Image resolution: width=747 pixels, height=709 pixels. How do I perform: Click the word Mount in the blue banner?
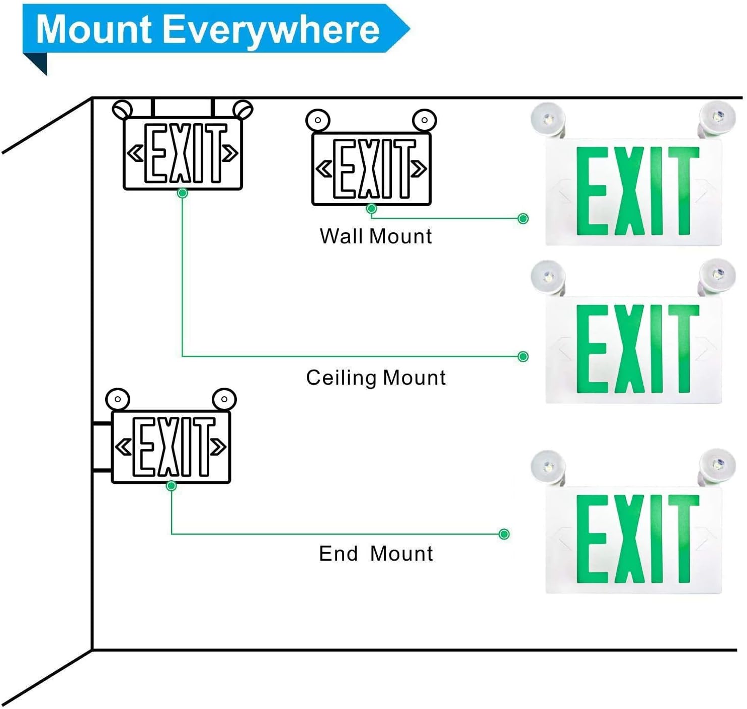[94, 29]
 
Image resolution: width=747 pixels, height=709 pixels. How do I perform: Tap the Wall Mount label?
[376, 236]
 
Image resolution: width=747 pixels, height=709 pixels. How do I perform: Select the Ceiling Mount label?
[376, 378]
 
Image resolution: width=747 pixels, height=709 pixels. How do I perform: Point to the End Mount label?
[376, 554]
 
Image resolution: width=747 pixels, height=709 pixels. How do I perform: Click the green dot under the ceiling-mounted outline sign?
[183, 193]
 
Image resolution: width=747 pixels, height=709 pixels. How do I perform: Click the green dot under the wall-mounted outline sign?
[372, 209]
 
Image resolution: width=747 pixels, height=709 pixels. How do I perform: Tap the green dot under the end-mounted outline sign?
[171, 486]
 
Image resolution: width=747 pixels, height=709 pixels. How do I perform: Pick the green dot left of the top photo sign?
[523, 218]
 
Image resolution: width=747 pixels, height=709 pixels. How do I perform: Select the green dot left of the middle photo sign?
[523, 357]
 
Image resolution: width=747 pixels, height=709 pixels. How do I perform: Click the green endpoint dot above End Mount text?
[504, 534]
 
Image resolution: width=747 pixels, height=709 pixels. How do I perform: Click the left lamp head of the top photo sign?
[548, 119]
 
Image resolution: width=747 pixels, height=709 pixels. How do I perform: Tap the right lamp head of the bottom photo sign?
[717, 465]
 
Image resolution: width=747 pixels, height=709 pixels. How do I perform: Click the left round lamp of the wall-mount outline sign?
[318, 121]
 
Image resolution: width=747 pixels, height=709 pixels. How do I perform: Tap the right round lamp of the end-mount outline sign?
[224, 400]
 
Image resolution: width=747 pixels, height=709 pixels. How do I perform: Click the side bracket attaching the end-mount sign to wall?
[102, 447]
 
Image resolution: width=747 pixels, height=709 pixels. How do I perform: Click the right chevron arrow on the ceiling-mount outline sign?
[230, 153]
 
